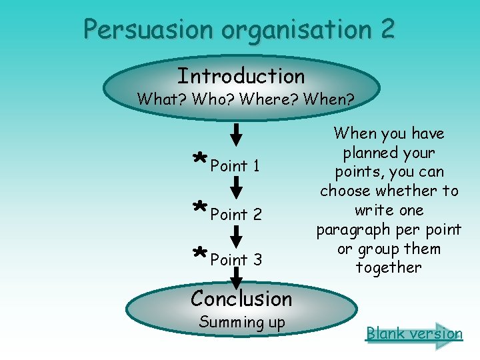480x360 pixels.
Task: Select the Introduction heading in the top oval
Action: tap(241, 76)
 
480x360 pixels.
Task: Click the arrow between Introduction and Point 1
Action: tap(237, 134)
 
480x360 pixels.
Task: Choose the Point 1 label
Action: tap(235, 165)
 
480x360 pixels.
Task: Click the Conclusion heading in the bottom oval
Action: tap(241, 299)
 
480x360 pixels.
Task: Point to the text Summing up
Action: tap(242, 323)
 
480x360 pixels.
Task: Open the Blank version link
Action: tap(414, 333)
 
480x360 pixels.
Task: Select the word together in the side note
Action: tap(389, 268)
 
